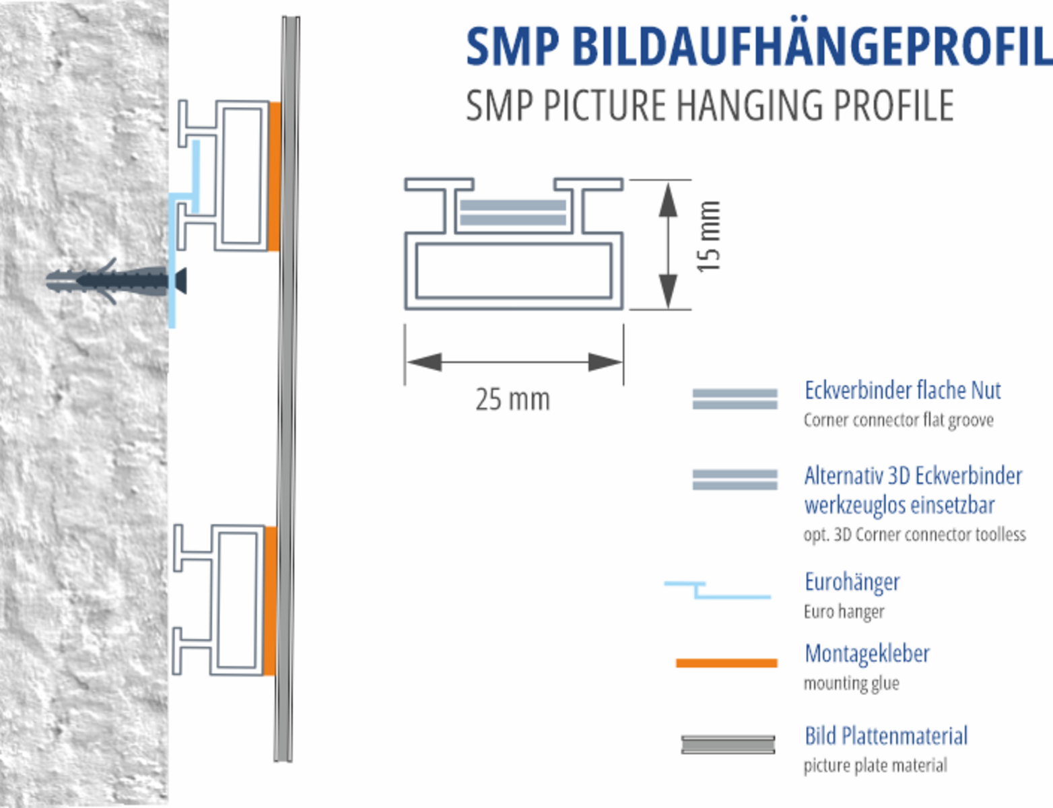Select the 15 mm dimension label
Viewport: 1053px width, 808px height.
click(x=708, y=236)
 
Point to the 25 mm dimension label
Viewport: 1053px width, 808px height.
click(x=512, y=399)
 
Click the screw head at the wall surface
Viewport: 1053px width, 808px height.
click(x=180, y=280)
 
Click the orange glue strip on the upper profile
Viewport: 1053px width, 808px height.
click(x=274, y=176)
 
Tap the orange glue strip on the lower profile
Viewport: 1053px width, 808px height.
click(x=269, y=601)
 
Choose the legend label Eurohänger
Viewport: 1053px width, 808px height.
click(x=852, y=582)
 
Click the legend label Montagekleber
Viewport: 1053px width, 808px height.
click(x=867, y=653)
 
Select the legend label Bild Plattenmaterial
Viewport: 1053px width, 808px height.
click(x=886, y=735)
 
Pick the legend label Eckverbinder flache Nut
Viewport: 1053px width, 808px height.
click(x=902, y=390)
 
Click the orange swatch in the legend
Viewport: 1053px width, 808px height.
click(x=726, y=663)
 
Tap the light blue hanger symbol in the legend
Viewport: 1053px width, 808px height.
click(x=718, y=591)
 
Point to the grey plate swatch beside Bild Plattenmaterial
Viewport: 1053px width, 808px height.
click(x=728, y=744)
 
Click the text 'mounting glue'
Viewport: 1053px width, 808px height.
click(x=851, y=683)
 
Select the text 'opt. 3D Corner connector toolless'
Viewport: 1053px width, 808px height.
click(x=914, y=535)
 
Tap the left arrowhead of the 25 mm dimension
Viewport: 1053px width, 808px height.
click(x=424, y=362)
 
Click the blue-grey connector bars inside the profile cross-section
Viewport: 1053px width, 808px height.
click(x=512, y=212)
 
